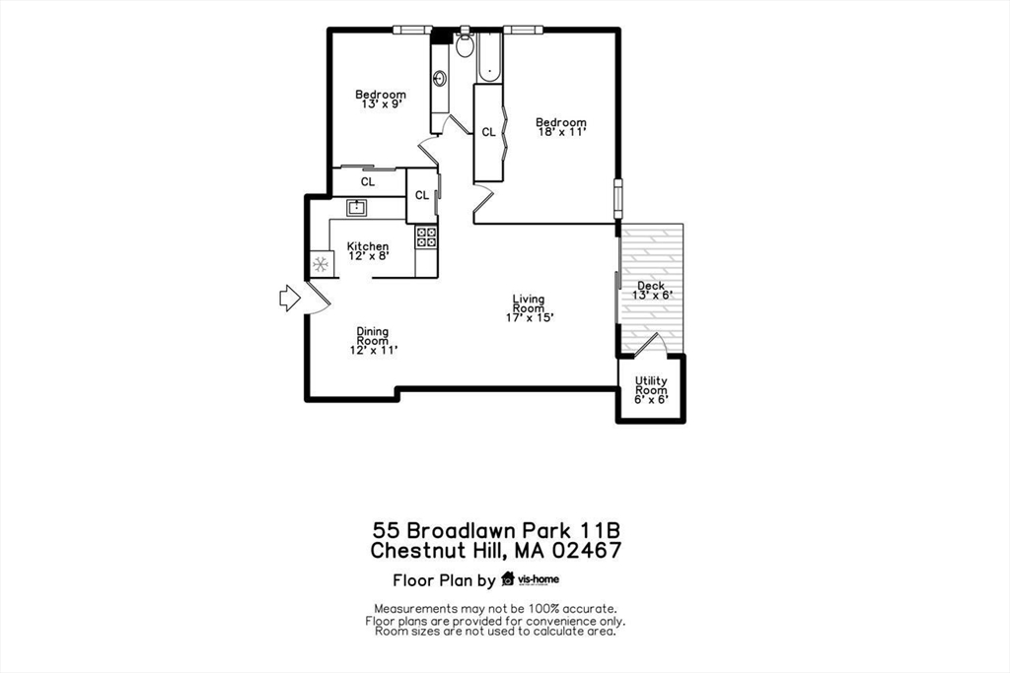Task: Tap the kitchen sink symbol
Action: [357, 207]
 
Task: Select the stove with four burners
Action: [427, 236]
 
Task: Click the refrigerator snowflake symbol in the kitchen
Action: [320, 264]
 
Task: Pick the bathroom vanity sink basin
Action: [439, 78]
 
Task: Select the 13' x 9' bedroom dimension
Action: [380, 103]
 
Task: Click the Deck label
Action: [650, 286]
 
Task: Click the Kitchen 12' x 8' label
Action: [367, 251]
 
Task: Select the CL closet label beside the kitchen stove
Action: [421, 195]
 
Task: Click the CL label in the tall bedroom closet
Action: [488, 132]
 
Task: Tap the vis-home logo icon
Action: [509, 578]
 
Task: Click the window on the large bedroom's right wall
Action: [618, 198]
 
